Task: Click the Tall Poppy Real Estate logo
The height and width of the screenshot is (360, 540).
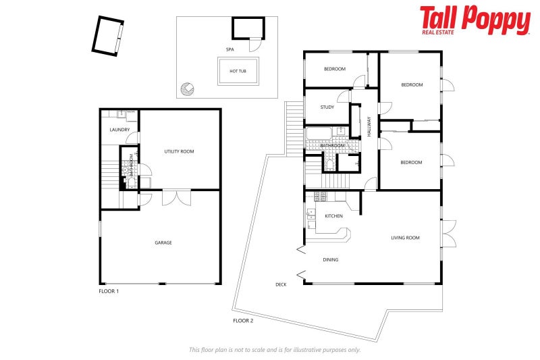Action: point(475,20)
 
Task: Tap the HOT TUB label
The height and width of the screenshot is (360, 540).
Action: point(238,71)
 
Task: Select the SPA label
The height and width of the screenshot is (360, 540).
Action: point(230,50)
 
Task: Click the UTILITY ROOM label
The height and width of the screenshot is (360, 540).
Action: point(179,151)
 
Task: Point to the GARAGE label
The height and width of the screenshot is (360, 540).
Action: point(163,242)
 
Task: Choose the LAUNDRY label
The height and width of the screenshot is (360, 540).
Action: point(119,130)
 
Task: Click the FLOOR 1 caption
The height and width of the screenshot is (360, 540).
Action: point(109,291)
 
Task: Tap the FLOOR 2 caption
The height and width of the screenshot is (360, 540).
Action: point(243,320)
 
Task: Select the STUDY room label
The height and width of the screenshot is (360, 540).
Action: point(327,107)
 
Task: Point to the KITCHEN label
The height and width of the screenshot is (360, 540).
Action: point(333,216)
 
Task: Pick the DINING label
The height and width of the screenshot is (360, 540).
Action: point(330,259)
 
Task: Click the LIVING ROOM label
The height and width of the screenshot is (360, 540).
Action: point(406,238)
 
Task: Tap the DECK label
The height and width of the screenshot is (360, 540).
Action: point(281,284)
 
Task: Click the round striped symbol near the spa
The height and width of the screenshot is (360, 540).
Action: point(187,88)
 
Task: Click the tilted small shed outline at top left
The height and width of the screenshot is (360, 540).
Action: point(108,35)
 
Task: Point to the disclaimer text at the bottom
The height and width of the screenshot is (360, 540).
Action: point(274,349)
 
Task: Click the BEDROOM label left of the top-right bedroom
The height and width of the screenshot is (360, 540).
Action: point(334,69)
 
